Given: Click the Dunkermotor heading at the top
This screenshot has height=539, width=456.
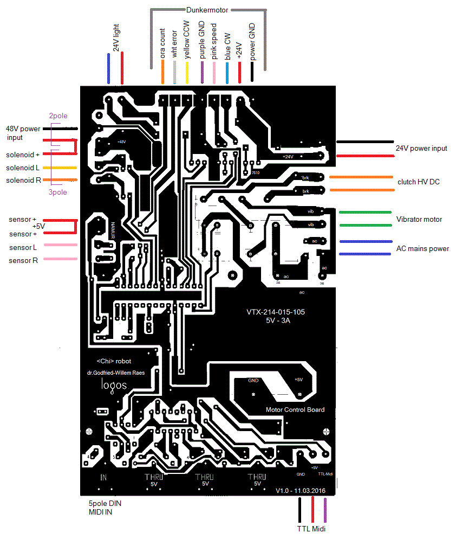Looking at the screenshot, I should coord(207,10).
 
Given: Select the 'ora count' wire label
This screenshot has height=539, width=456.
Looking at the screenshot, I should coord(162,44).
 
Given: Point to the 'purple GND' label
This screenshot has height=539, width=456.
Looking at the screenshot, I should coord(201,41).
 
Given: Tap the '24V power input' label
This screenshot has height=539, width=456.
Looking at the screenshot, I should coord(421,148).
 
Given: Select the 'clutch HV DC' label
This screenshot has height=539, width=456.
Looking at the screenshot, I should coord(418,182).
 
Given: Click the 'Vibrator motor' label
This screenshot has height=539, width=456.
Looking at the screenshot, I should coord(419,219).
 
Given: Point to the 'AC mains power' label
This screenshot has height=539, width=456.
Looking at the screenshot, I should coord(422,248).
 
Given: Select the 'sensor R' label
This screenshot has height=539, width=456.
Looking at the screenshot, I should coord(23,260).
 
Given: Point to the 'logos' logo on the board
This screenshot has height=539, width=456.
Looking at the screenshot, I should coord(114,385).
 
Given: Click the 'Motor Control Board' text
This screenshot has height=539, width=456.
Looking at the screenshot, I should coord(295,409).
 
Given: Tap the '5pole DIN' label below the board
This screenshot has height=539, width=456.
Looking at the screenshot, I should coord(105,503).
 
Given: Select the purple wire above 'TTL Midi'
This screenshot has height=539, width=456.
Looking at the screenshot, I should coord(325,510).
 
